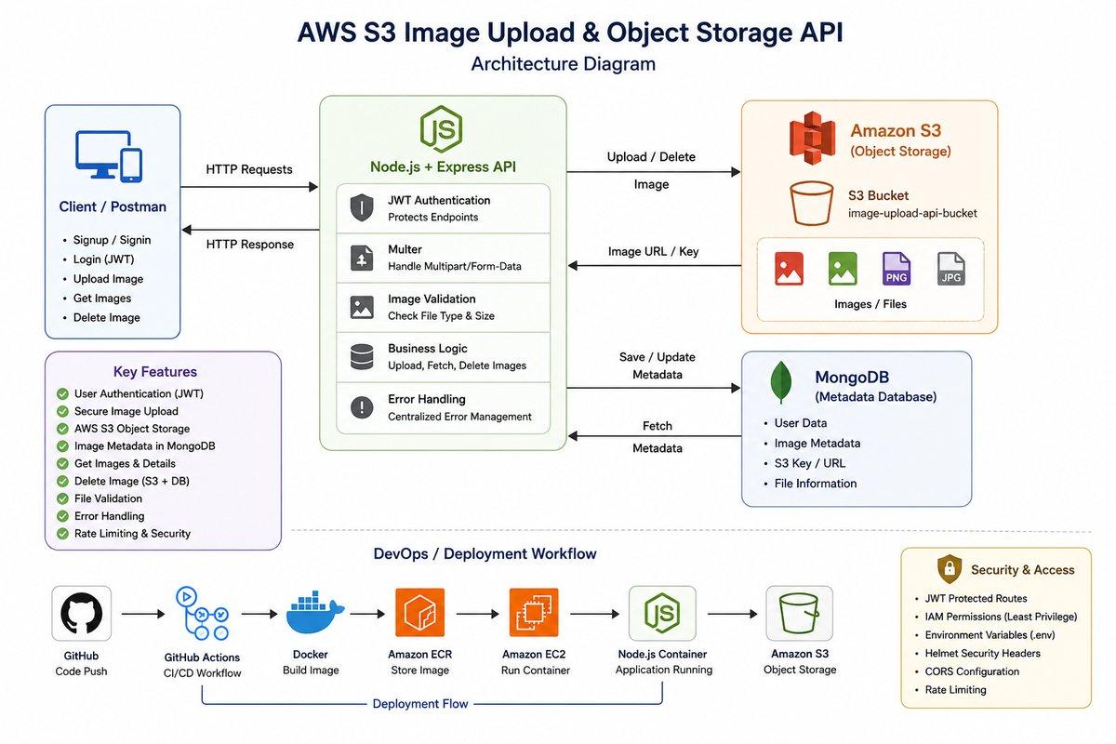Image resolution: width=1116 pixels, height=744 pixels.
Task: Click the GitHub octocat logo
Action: (x=81, y=613)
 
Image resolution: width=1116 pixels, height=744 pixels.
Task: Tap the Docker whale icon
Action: (x=314, y=613)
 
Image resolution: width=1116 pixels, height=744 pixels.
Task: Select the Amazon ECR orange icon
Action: (x=419, y=613)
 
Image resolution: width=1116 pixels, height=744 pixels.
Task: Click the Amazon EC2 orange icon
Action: (x=534, y=613)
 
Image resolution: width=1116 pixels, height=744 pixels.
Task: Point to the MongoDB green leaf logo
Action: (x=780, y=381)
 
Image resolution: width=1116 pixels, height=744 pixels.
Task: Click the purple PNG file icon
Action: (x=897, y=269)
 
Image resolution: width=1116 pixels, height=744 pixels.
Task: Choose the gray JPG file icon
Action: (x=950, y=269)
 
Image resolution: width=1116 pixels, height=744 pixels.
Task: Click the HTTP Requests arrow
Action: (x=249, y=187)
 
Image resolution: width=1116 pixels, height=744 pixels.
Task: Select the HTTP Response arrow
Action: (x=250, y=230)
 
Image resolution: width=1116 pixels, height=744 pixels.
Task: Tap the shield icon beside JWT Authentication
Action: (x=362, y=207)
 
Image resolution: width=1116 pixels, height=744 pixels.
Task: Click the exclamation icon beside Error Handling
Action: (x=362, y=406)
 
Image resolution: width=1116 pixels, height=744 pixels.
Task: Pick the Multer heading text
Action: (x=405, y=249)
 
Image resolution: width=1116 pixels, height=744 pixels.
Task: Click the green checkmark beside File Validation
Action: (x=62, y=498)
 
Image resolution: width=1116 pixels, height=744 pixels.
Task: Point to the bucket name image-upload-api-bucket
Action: (x=912, y=213)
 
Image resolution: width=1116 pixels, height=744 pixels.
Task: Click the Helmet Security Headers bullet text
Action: (x=982, y=653)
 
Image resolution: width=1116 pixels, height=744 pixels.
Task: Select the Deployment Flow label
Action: (x=420, y=704)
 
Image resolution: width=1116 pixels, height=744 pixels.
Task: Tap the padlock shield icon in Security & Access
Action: (x=950, y=568)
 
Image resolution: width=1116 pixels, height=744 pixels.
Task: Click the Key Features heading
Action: (x=155, y=372)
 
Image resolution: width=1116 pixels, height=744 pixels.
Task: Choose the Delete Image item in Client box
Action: (x=107, y=317)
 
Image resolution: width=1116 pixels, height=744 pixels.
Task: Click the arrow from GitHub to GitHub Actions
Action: (x=143, y=614)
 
